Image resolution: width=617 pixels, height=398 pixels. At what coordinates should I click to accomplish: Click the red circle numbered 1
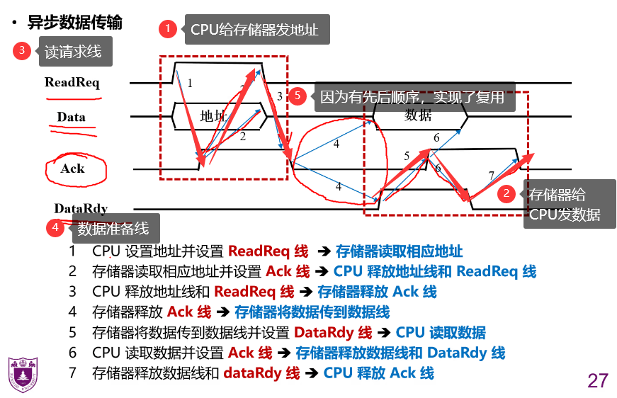pyautogui.click(x=168, y=29)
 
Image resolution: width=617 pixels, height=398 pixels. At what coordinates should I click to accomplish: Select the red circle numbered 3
pyautogui.click(x=22, y=50)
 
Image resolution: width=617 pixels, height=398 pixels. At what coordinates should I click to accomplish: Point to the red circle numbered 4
pyautogui.click(x=55, y=228)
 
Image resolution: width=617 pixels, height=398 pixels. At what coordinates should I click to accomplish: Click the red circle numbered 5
pyautogui.click(x=298, y=96)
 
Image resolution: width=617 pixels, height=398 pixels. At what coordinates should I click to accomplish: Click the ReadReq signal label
pyautogui.click(x=72, y=82)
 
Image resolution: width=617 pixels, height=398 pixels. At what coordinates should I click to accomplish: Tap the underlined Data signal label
pyautogui.click(x=71, y=118)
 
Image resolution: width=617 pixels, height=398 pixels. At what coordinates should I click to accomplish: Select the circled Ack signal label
pyautogui.click(x=72, y=169)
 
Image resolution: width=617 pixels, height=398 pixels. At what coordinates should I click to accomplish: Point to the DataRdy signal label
pyautogui.click(x=81, y=208)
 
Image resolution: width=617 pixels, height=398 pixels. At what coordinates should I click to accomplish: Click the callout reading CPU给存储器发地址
pyautogui.click(x=257, y=30)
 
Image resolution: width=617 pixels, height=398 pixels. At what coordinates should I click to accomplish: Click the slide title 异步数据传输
pyautogui.click(x=74, y=23)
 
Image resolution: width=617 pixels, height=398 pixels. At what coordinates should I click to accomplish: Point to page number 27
pyautogui.click(x=597, y=380)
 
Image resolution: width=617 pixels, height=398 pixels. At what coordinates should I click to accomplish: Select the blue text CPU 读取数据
pyautogui.click(x=441, y=332)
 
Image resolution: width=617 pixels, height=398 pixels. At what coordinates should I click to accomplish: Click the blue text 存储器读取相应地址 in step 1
pyautogui.click(x=400, y=251)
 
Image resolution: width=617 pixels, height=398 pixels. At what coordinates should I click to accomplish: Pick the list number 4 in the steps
pyautogui.click(x=72, y=312)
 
